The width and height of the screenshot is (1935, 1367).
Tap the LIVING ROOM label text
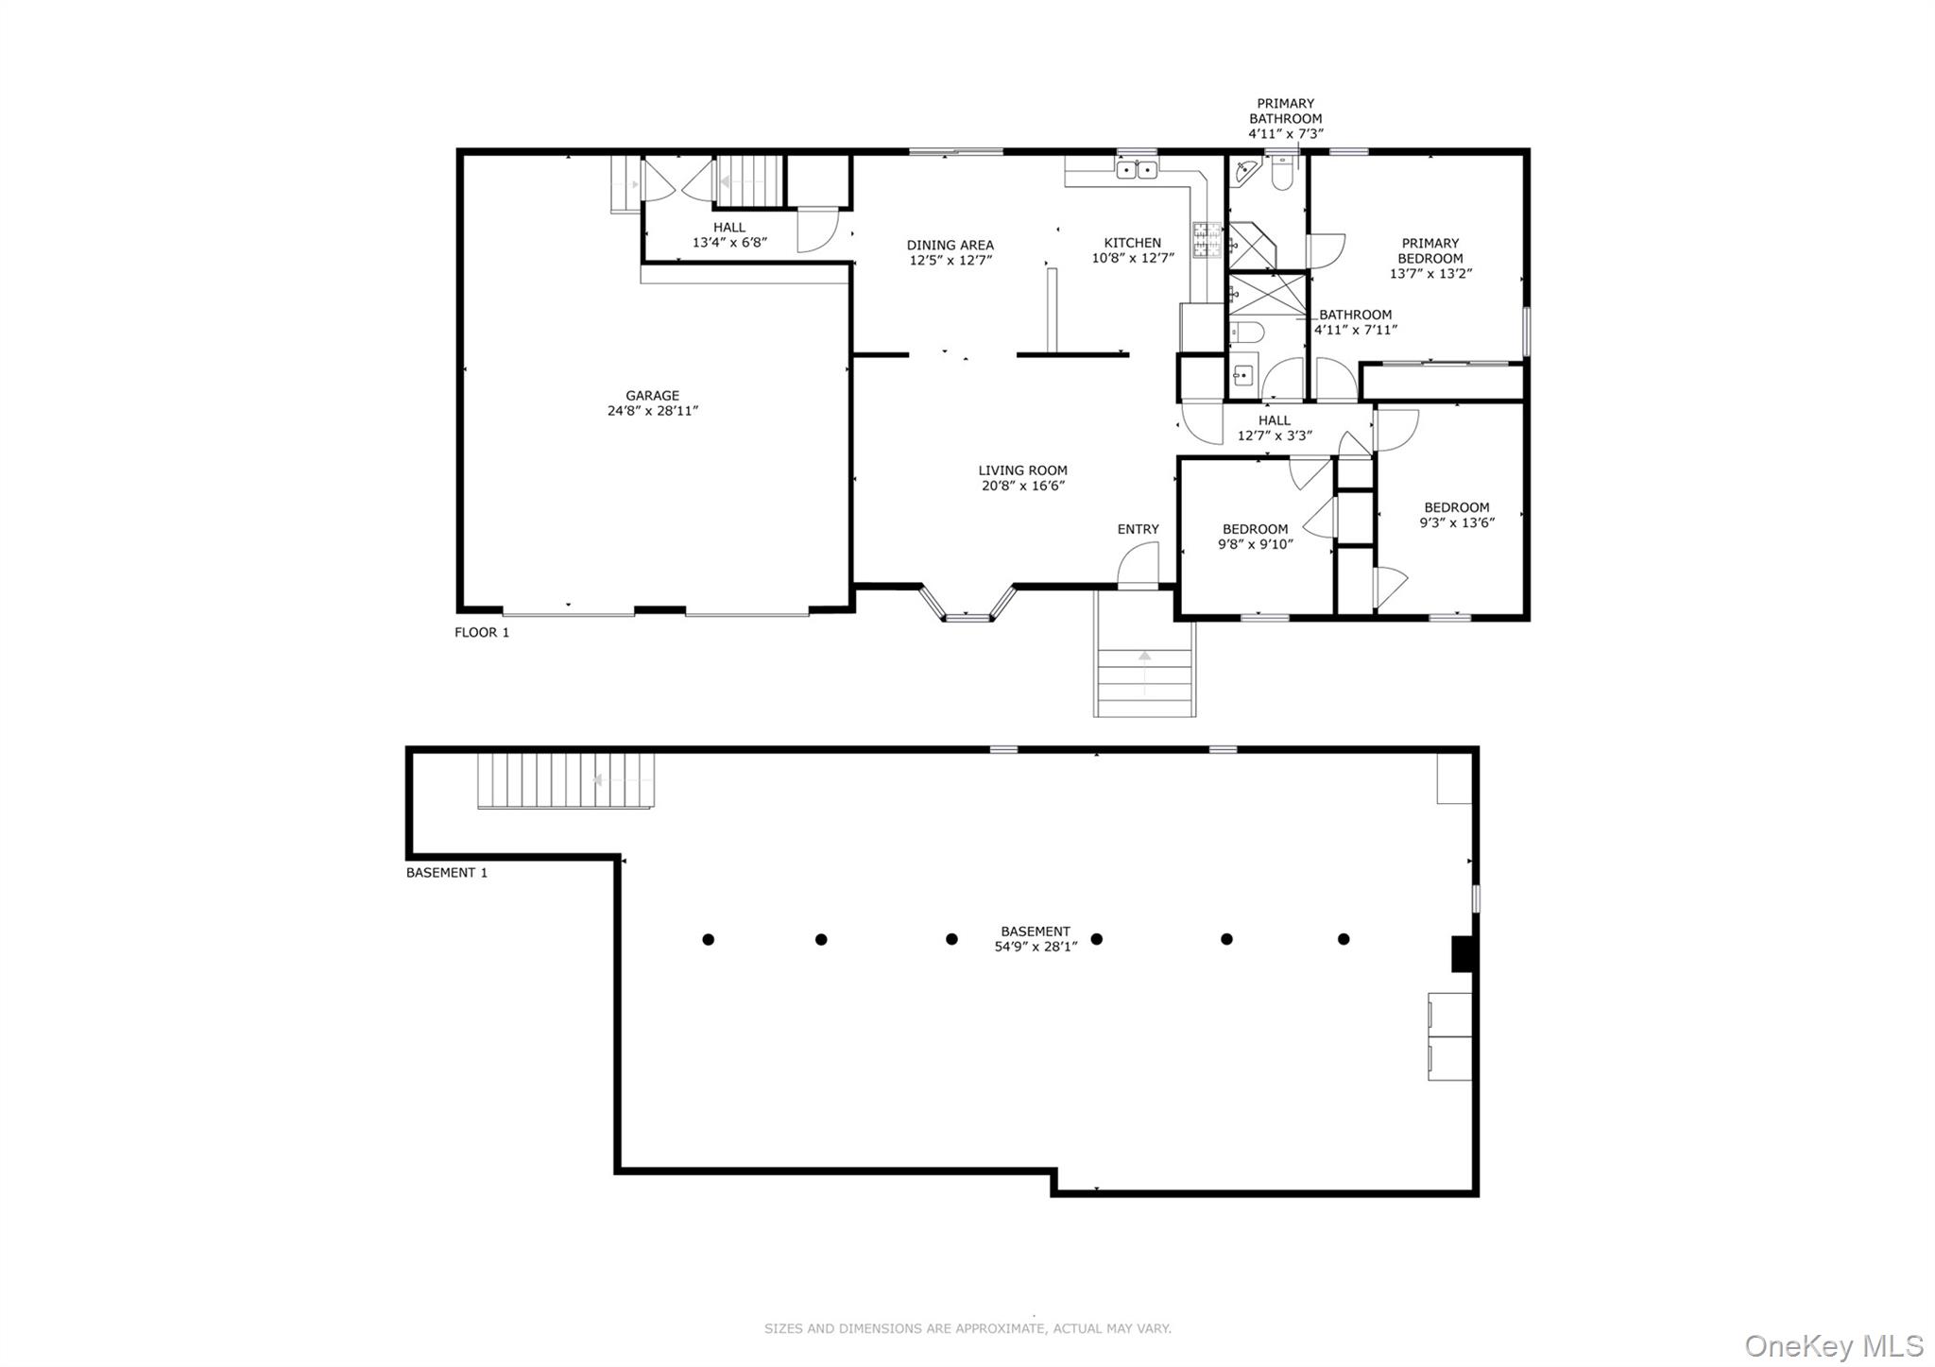pos(1022,470)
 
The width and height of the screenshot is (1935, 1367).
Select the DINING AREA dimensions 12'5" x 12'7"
pos(950,261)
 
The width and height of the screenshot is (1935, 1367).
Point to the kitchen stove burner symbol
pos(1207,240)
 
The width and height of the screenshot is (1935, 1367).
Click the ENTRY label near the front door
pos(1138,529)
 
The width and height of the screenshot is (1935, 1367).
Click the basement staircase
pos(565,780)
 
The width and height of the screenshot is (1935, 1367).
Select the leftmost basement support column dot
pos(708,939)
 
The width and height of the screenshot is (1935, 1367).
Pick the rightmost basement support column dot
pos(1343,939)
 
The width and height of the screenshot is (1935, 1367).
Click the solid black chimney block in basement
pos(1463,953)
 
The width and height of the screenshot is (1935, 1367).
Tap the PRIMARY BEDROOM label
pos(1430,250)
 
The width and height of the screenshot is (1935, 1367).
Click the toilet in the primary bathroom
pos(1281,176)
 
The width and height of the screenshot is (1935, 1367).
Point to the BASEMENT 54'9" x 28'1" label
pos(1036,938)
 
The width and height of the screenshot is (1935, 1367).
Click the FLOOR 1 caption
pos(482,633)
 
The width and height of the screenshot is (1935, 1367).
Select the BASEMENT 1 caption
pos(447,873)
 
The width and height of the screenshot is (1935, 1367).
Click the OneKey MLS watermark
pos(1833,1345)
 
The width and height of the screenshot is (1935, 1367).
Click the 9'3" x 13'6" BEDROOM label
pos(1457,515)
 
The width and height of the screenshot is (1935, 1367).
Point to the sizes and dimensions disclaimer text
pos(967,1328)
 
